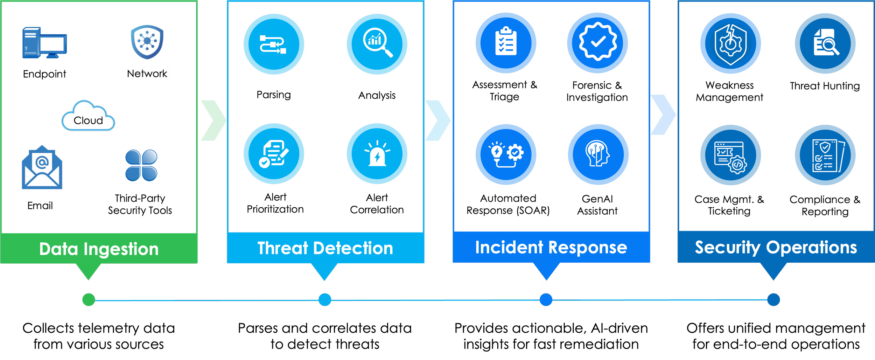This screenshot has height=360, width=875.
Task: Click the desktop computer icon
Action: tap(44, 43)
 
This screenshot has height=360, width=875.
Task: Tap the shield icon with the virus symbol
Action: tap(147, 42)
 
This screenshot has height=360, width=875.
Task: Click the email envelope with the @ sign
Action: tap(42, 168)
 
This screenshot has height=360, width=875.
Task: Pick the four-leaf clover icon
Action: tap(141, 166)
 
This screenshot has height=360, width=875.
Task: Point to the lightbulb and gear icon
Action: tap(506, 154)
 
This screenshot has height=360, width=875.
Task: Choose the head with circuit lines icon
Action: tap(598, 154)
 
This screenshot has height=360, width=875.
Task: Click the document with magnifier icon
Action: tap(825, 43)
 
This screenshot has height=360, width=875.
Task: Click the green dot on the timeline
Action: tap(89, 300)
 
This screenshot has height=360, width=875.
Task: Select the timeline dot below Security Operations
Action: tap(773, 300)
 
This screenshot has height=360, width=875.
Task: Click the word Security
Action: tap(727, 248)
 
